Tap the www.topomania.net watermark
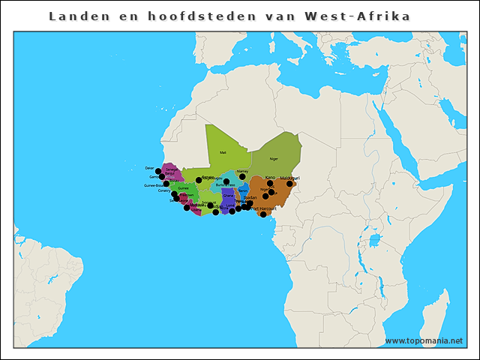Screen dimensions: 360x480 (424, 341)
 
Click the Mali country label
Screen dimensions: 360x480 (223, 152)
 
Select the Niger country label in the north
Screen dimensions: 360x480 (274, 159)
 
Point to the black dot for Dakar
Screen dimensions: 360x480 (158, 172)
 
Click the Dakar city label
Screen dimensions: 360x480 (148, 168)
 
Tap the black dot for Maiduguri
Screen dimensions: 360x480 (289, 184)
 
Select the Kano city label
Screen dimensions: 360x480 (270, 178)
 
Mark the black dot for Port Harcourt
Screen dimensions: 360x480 (263, 214)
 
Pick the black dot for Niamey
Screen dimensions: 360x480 (242, 177)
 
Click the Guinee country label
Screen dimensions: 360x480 (184, 188)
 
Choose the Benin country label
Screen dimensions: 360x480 (243, 191)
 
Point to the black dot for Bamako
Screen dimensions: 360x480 (199, 180)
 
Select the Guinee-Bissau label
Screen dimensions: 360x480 (154, 184)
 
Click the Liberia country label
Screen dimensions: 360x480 (196, 210)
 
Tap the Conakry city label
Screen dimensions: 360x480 (164, 190)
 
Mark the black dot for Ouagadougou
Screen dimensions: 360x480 (226, 181)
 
